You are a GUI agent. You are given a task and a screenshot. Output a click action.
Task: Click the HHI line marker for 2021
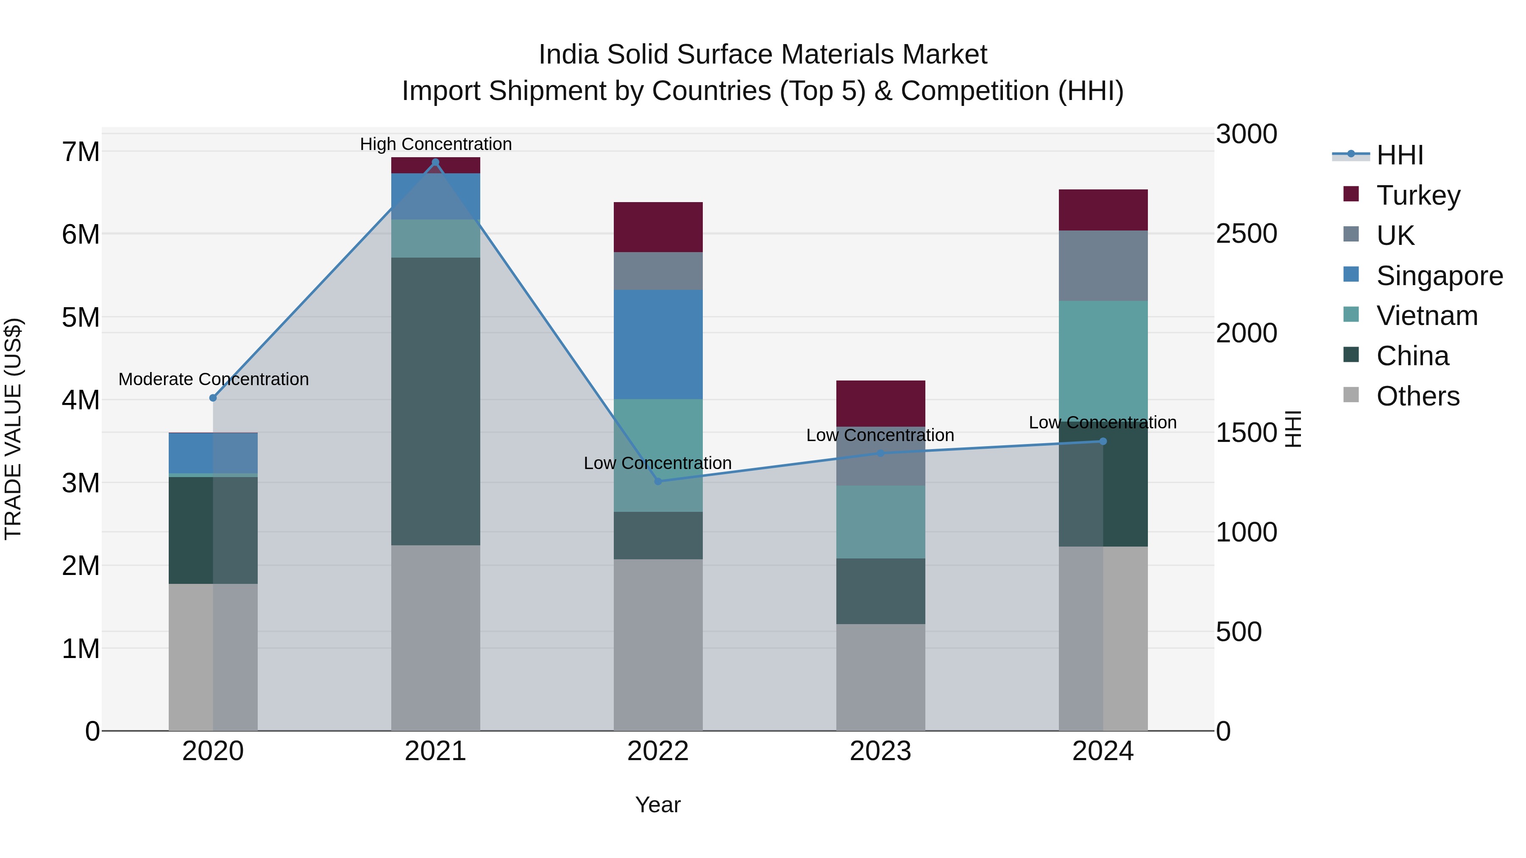coord(435,162)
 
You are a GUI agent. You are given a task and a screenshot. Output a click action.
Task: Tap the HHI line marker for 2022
coord(657,481)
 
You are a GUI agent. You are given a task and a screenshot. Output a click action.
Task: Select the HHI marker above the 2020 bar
coord(213,398)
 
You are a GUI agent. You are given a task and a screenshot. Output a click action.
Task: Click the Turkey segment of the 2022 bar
coord(657,228)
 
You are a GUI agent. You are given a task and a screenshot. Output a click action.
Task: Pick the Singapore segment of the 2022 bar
coord(657,344)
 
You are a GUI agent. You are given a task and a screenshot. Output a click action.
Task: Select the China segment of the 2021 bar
coord(435,402)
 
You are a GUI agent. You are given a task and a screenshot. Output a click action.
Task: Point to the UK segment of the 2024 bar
coord(1103,265)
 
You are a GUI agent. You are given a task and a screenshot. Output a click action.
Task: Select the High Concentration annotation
coord(435,144)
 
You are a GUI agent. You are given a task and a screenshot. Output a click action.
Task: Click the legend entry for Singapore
coord(1439,276)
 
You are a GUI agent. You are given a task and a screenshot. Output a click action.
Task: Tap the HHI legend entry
coord(1399,155)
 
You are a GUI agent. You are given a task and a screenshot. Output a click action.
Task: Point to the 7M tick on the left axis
coord(81,152)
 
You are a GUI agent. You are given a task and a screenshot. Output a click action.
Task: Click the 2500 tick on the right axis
coord(1246,233)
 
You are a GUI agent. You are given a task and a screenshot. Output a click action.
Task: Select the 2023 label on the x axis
coord(880,751)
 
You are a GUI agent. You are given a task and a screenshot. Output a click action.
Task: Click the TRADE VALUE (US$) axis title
coord(13,429)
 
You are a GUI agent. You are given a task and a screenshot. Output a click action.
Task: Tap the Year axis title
coord(657,805)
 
